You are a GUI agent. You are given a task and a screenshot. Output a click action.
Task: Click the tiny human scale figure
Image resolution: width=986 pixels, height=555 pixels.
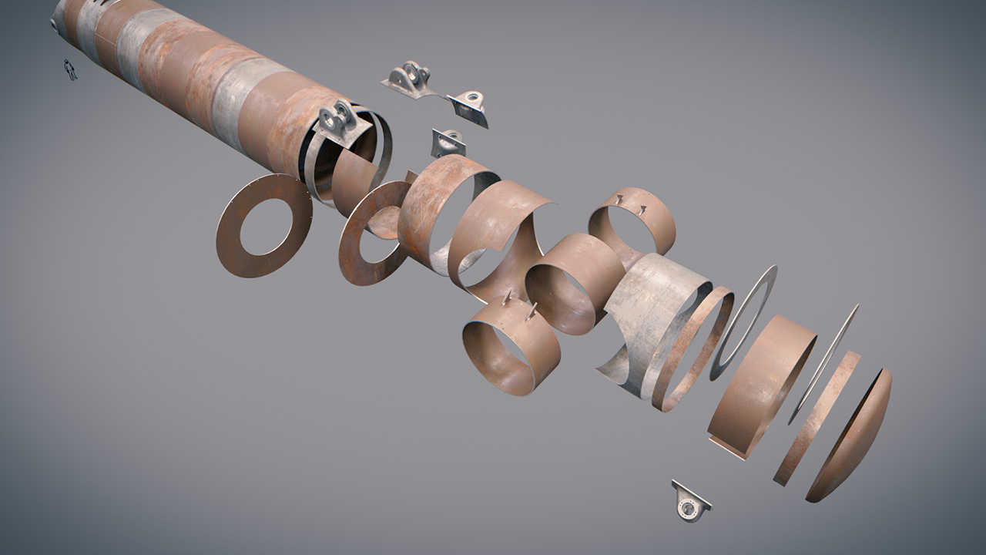coord(70,69)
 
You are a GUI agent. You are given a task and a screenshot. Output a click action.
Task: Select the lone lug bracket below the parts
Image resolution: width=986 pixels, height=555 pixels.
coord(689,502)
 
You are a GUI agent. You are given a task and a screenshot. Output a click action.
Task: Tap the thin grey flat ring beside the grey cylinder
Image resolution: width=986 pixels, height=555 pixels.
coord(743,324)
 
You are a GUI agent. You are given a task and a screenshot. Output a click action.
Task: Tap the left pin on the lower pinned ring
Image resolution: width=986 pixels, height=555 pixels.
coord(506,298)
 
